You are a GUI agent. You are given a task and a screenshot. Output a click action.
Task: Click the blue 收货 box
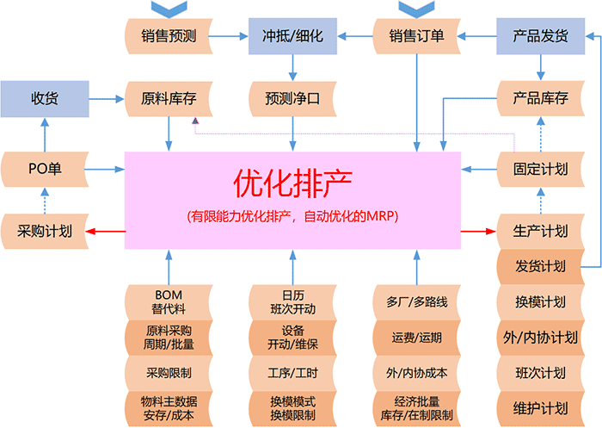click(x=45, y=98)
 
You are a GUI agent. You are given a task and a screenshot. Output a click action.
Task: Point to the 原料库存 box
click(x=169, y=98)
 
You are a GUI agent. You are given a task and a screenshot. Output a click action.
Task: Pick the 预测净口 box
click(x=292, y=98)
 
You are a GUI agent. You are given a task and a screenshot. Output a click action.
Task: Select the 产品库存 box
click(x=540, y=98)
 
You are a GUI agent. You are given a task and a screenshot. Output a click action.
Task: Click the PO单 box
click(x=45, y=169)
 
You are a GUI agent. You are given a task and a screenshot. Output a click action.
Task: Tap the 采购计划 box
click(x=45, y=231)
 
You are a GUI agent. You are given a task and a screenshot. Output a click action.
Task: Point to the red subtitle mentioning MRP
click(x=292, y=216)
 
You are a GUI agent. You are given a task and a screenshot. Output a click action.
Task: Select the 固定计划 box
click(x=540, y=169)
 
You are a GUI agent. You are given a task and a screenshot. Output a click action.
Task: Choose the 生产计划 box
click(x=540, y=231)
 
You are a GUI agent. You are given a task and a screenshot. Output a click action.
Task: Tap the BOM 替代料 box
click(x=169, y=301)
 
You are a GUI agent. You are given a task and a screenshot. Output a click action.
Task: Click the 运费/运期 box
click(x=416, y=338)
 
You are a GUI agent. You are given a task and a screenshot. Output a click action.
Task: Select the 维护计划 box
click(x=540, y=407)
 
